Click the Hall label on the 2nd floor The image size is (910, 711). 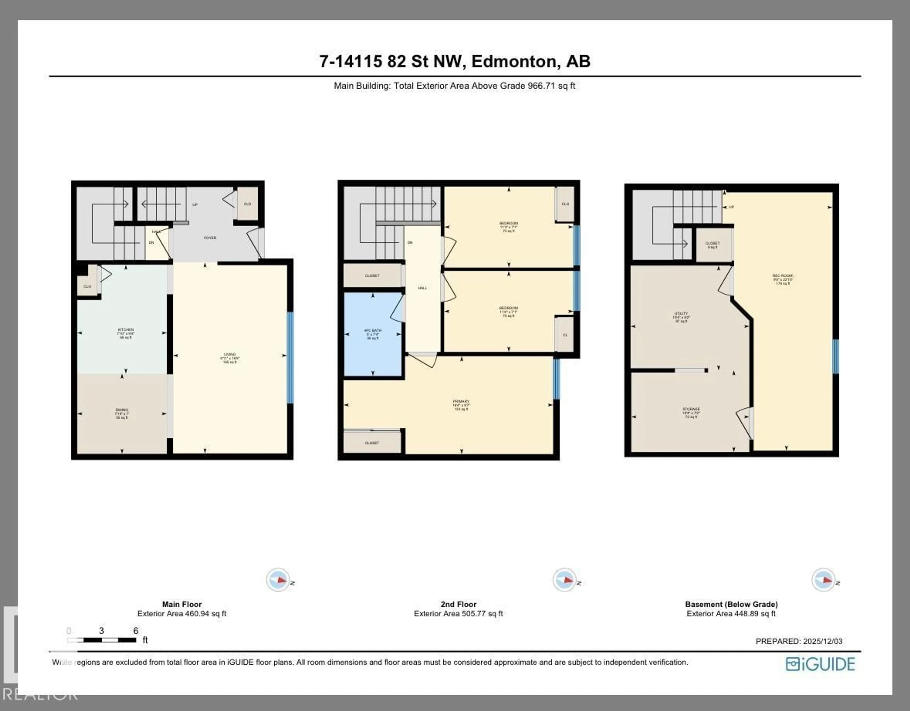pyautogui.click(x=423, y=288)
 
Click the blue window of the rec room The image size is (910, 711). pyautogui.click(x=835, y=356)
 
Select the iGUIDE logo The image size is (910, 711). pyautogui.click(x=820, y=664)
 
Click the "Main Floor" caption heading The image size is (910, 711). pyautogui.click(x=182, y=604)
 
